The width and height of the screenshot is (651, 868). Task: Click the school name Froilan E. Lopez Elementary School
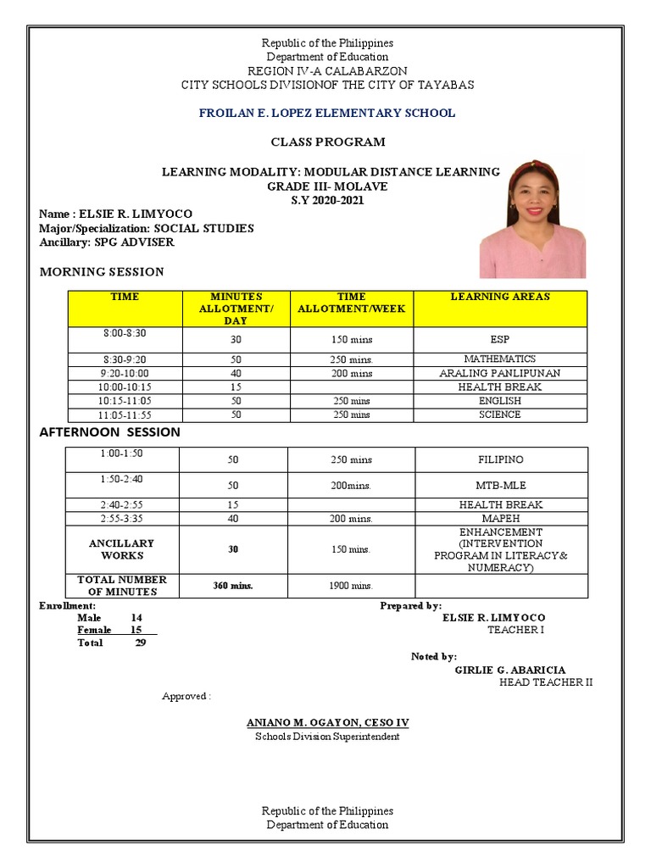point(326,113)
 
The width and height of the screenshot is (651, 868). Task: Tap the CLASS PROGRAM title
point(327,142)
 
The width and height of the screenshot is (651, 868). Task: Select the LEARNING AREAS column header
point(499,297)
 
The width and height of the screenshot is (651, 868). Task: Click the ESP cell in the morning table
point(499,339)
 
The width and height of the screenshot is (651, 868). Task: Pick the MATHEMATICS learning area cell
point(499,359)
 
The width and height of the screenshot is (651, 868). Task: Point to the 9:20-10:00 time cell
point(125,373)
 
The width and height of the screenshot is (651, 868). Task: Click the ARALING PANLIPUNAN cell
point(499,373)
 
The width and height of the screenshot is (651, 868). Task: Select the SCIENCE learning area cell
point(499,415)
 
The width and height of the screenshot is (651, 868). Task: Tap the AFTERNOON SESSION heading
point(110,431)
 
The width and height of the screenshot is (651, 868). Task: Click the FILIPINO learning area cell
point(500,459)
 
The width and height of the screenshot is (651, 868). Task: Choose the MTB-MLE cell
point(500,486)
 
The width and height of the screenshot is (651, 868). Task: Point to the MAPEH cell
point(500,518)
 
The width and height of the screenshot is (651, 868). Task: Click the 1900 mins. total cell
point(351,586)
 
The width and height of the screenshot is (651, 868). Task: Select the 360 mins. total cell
point(232,586)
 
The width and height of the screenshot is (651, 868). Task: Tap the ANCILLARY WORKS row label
point(122,549)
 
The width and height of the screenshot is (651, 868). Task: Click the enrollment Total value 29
point(141,643)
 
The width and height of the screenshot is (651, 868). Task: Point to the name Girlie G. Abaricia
point(509,670)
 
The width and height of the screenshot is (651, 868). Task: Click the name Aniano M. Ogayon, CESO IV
point(327,722)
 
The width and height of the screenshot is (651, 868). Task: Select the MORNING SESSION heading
point(103,272)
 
